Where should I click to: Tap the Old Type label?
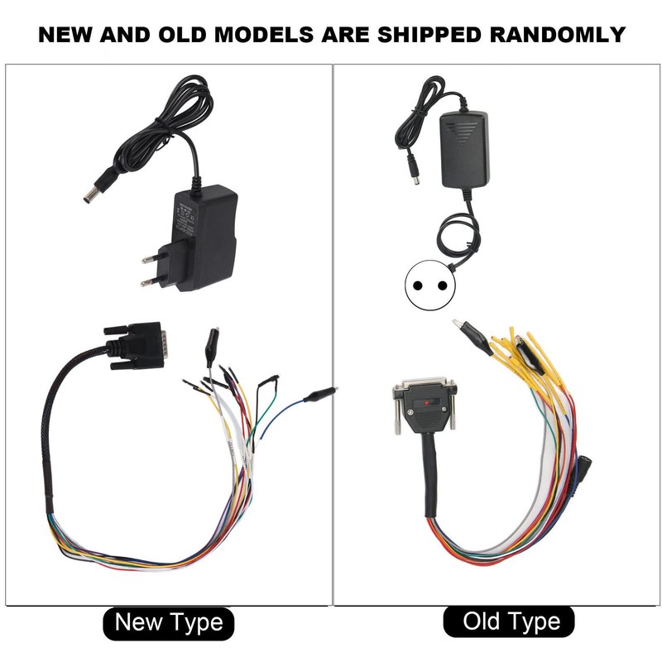(x=511, y=621)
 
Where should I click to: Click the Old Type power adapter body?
(x=463, y=149)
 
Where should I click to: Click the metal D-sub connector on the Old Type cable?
(x=424, y=405)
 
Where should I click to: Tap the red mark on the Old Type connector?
(x=425, y=403)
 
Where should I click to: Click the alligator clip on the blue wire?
(x=319, y=396)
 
